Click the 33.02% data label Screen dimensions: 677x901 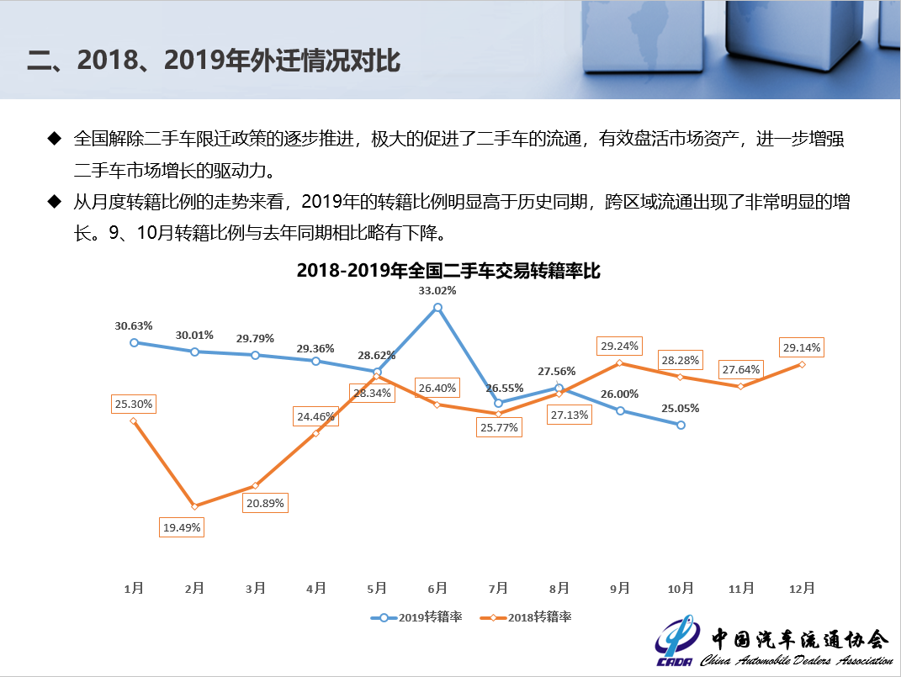(437, 291)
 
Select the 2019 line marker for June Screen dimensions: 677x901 (437, 308)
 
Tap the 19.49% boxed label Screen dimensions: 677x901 (182, 528)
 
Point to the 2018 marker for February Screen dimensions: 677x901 (194, 506)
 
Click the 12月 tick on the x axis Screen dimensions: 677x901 (802, 589)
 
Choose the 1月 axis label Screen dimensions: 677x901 (134, 589)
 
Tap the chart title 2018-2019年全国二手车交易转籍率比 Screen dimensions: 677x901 (448, 271)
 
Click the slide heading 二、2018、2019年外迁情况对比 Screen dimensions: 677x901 (214, 61)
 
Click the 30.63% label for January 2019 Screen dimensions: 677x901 (134, 325)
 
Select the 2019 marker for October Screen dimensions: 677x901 (681, 425)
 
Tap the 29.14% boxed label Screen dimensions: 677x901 (802, 347)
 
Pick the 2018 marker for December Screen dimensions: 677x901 (802, 364)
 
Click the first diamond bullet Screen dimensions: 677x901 (55, 138)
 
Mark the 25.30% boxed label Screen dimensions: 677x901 (134, 404)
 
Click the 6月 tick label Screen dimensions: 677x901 (437, 589)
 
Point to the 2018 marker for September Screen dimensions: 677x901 (620, 363)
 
